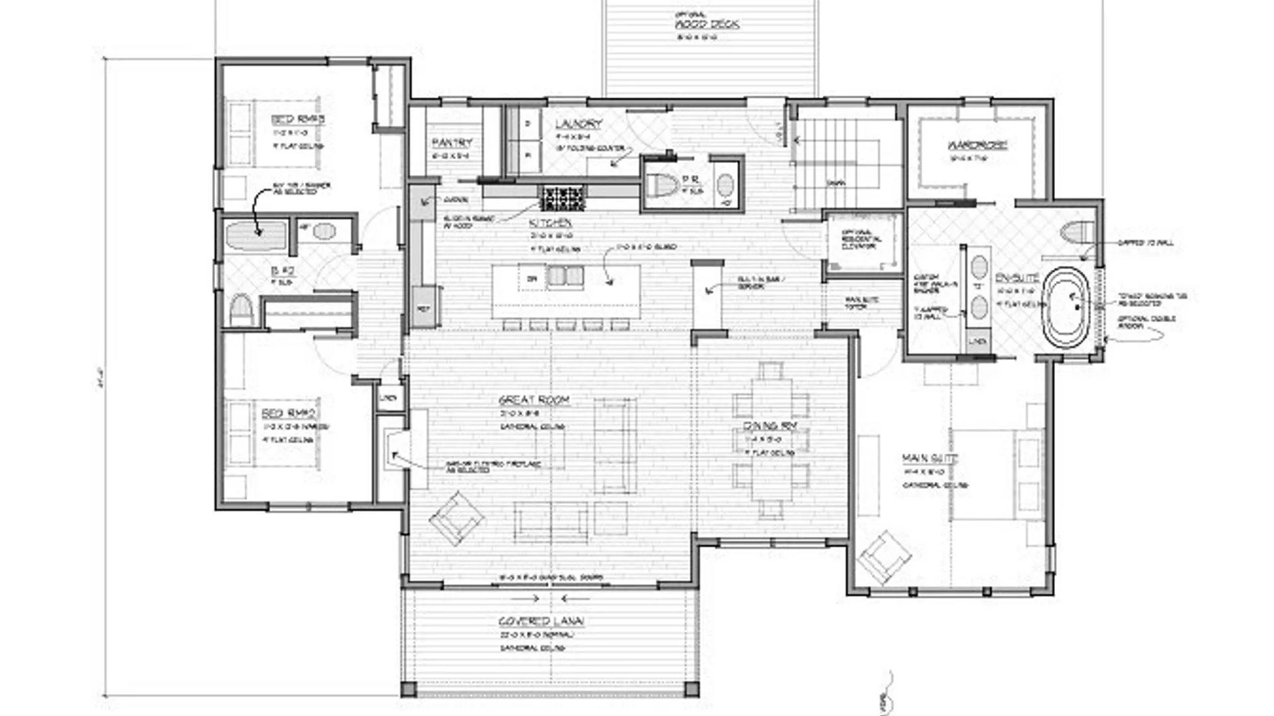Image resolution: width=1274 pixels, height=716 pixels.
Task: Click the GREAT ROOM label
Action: (x=534, y=400)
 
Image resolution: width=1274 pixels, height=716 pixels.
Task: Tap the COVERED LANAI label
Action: (x=541, y=621)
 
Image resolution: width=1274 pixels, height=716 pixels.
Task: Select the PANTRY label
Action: (x=452, y=143)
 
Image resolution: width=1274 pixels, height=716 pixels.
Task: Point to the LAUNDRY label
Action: (x=579, y=124)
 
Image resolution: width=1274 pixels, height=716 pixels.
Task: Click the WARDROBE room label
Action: (x=977, y=145)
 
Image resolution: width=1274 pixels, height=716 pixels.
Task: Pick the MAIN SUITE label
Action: (x=930, y=458)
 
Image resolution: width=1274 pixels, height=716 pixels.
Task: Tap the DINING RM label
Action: (x=770, y=426)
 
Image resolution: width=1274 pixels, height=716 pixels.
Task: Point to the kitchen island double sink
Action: (x=565, y=276)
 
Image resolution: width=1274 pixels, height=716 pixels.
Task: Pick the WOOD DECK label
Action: (x=707, y=25)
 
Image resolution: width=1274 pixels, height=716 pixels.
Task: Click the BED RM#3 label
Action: (x=298, y=119)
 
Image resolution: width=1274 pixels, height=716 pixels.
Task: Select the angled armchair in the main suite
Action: (x=883, y=557)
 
